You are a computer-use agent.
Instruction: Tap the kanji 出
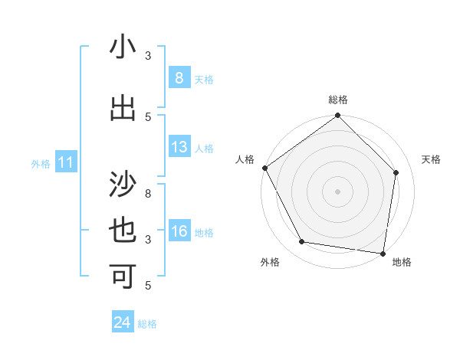123,107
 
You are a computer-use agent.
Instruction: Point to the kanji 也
123,231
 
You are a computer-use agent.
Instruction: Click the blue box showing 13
179,148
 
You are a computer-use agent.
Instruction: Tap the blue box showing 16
179,232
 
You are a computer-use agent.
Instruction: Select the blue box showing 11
65,162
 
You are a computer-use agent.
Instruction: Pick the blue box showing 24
122,322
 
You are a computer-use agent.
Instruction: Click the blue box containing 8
179,78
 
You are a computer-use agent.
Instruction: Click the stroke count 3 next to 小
148,56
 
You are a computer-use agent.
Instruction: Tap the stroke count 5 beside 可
148,286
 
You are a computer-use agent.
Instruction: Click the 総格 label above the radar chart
337,100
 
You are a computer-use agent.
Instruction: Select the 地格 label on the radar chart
402,262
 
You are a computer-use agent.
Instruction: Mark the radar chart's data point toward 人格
264,168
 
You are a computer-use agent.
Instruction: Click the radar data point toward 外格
302,242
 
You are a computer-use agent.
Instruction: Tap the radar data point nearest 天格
396,172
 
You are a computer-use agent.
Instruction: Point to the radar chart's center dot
337,191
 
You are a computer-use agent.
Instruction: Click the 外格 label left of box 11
40,163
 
